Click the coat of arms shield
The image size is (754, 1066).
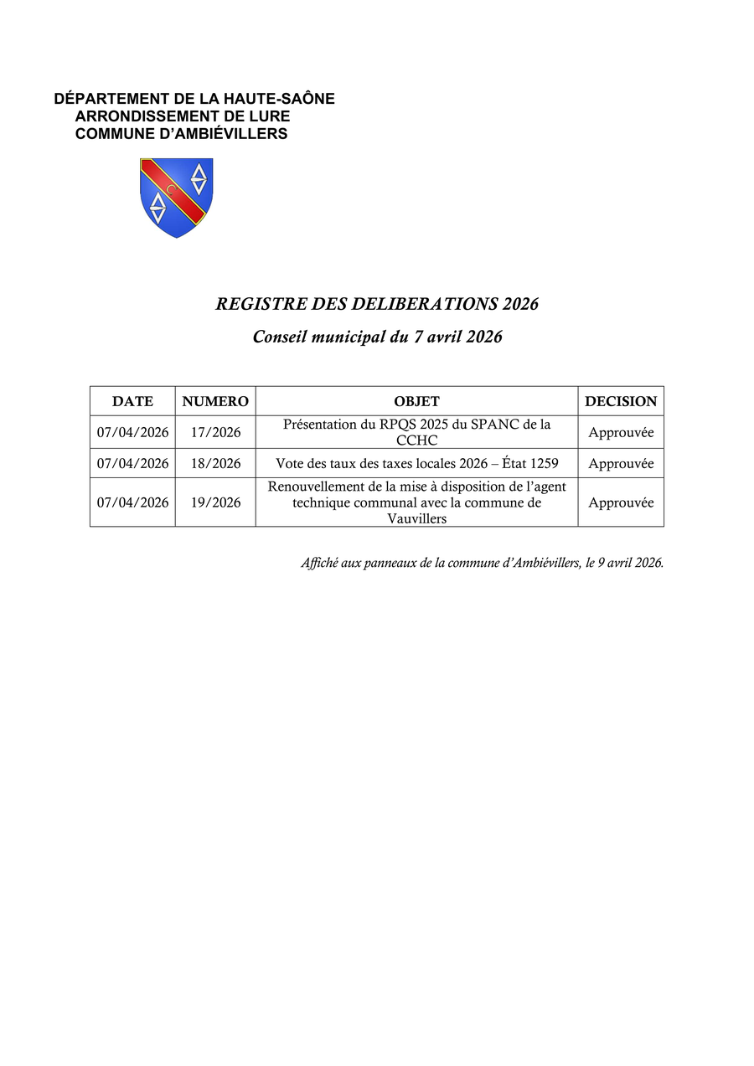176,197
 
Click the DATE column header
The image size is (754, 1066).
132,402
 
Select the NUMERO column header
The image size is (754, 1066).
215,402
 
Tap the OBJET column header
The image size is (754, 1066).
416,402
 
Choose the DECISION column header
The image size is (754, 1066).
621,402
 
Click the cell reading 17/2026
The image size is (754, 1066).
215,433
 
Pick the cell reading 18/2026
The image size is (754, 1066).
215,464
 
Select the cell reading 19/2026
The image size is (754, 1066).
215,502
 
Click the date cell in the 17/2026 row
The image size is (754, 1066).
132,433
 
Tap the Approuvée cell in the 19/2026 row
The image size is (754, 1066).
621,502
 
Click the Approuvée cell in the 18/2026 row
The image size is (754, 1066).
621,464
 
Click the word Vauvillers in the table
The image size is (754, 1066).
416,518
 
